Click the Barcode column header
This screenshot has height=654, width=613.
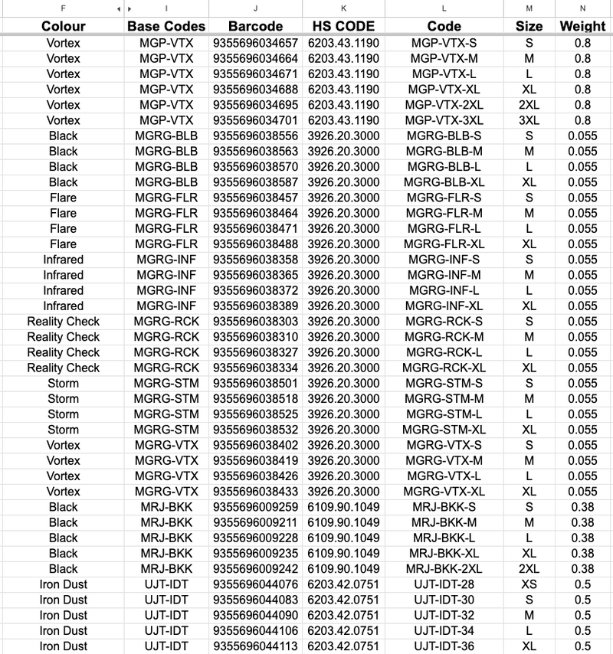click(255, 26)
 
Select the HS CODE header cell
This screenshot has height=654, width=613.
click(343, 26)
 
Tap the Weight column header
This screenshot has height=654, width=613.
click(582, 26)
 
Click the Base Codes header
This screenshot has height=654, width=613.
click(166, 26)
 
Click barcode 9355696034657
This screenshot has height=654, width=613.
click(255, 43)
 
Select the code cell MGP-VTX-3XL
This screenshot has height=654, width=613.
click(444, 120)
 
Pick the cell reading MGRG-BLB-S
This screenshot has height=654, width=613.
click(444, 136)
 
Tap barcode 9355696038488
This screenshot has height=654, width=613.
click(255, 244)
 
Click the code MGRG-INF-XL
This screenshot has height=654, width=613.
click(444, 306)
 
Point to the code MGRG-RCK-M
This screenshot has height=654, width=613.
click(444, 337)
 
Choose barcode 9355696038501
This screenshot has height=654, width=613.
click(255, 383)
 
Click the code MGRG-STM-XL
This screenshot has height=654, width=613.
click(444, 430)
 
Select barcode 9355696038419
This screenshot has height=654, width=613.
click(255, 460)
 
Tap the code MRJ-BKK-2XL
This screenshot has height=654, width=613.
click(444, 569)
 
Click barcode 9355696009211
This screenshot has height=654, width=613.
click(255, 522)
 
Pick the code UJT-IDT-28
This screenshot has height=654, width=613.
click(444, 584)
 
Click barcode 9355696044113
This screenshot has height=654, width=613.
click(255, 646)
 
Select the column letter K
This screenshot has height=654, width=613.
click(343, 8)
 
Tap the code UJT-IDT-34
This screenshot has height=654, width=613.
click(444, 631)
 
